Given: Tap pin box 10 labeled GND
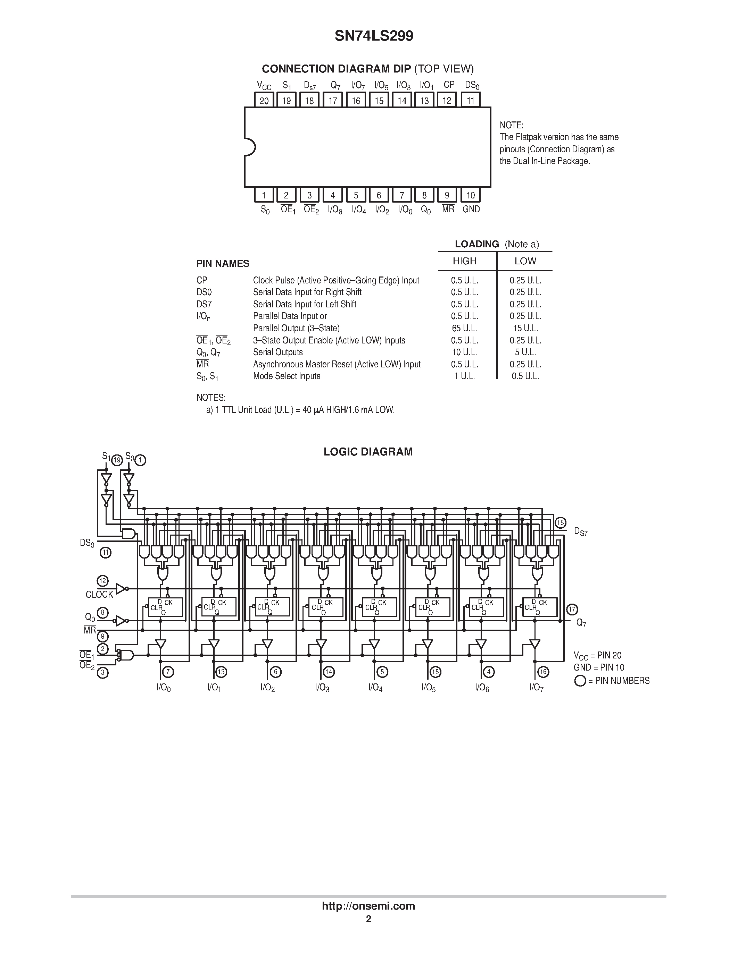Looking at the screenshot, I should [x=471, y=195].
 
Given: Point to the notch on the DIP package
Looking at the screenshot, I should [x=250, y=147].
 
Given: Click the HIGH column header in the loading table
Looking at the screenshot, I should [x=464, y=261].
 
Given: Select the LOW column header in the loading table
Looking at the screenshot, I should [x=525, y=261].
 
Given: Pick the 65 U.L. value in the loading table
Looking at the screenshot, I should [x=464, y=328].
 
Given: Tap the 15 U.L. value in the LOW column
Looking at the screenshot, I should [x=525, y=328].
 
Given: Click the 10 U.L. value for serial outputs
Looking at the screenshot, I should [x=464, y=352].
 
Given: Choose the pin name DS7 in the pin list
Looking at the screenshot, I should [x=204, y=304].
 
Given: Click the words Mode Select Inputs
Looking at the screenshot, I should [x=287, y=376].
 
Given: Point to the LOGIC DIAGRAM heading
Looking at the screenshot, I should [x=368, y=452].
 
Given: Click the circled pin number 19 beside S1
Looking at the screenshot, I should [x=117, y=460].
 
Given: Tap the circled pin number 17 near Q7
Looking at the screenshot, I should [x=572, y=610].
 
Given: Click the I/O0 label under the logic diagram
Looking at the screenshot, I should [x=163, y=688].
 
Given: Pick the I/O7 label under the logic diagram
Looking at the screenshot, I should [x=536, y=688].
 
